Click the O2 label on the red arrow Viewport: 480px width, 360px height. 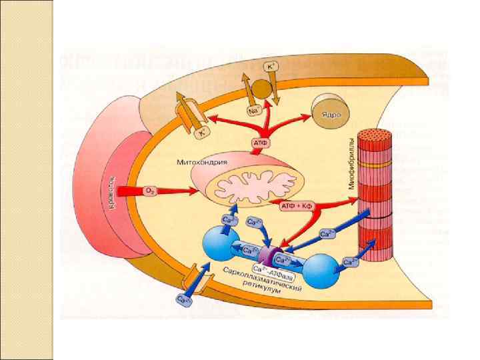150,191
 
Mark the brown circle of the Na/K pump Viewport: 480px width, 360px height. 265,87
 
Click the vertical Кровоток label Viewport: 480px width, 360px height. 114,194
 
